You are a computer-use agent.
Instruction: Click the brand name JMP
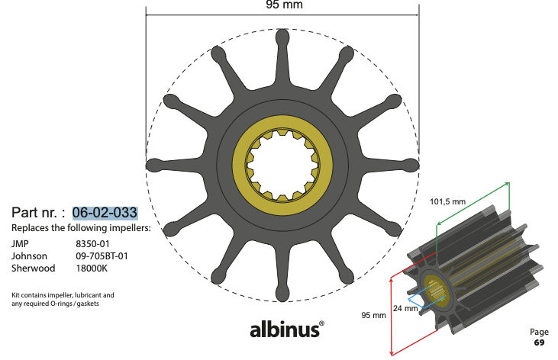(20, 244)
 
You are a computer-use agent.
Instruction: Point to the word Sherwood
(31, 268)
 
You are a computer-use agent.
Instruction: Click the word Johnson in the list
(29, 256)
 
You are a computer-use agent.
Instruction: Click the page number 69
(539, 342)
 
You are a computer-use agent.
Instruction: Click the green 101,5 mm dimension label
(448, 202)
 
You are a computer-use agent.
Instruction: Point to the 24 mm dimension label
(405, 309)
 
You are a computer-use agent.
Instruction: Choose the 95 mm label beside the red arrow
(373, 315)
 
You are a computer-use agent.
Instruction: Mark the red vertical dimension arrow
(391, 314)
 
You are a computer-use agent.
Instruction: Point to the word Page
(539, 332)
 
